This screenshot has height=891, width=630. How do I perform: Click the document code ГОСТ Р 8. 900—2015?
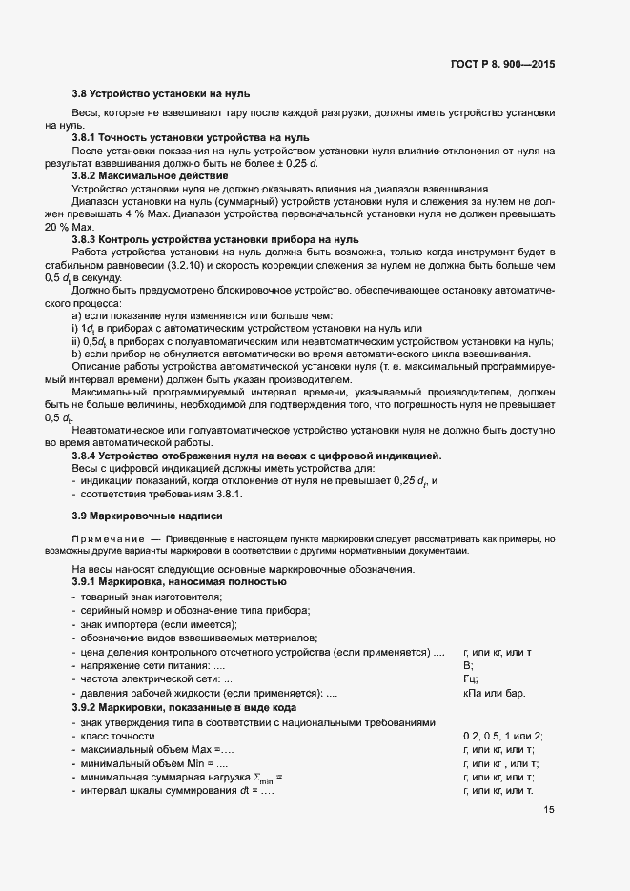pos(501,65)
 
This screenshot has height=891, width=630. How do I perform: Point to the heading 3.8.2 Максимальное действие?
pos(150,176)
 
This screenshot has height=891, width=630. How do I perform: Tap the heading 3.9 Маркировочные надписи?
pos(147,516)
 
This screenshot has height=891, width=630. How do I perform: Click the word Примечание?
pos(97,539)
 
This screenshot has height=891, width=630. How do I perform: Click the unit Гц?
pos(470,679)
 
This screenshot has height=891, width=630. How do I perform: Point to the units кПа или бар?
pos(494,694)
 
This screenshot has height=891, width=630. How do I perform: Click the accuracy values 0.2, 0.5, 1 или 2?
pos(502,736)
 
